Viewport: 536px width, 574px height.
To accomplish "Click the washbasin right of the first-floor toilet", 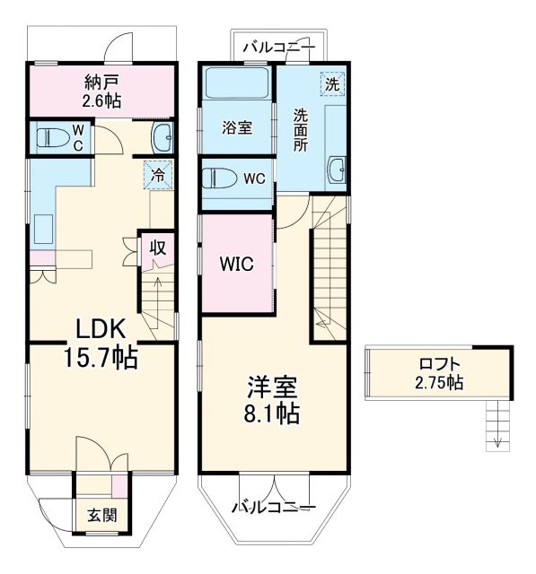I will pyautogui.click(x=163, y=138).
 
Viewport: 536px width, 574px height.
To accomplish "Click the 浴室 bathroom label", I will pyautogui.click(x=236, y=127).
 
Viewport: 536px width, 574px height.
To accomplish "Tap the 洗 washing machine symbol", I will pyautogui.click(x=332, y=84).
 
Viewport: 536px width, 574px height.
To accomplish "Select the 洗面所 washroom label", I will pyautogui.click(x=301, y=130).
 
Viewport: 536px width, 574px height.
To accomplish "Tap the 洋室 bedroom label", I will pyautogui.click(x=273, y=388).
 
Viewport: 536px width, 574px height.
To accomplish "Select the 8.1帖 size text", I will pyautogui.click(x=273, y=415).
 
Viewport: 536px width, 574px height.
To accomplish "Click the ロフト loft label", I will pyautogui.click(x=441, y=364).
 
